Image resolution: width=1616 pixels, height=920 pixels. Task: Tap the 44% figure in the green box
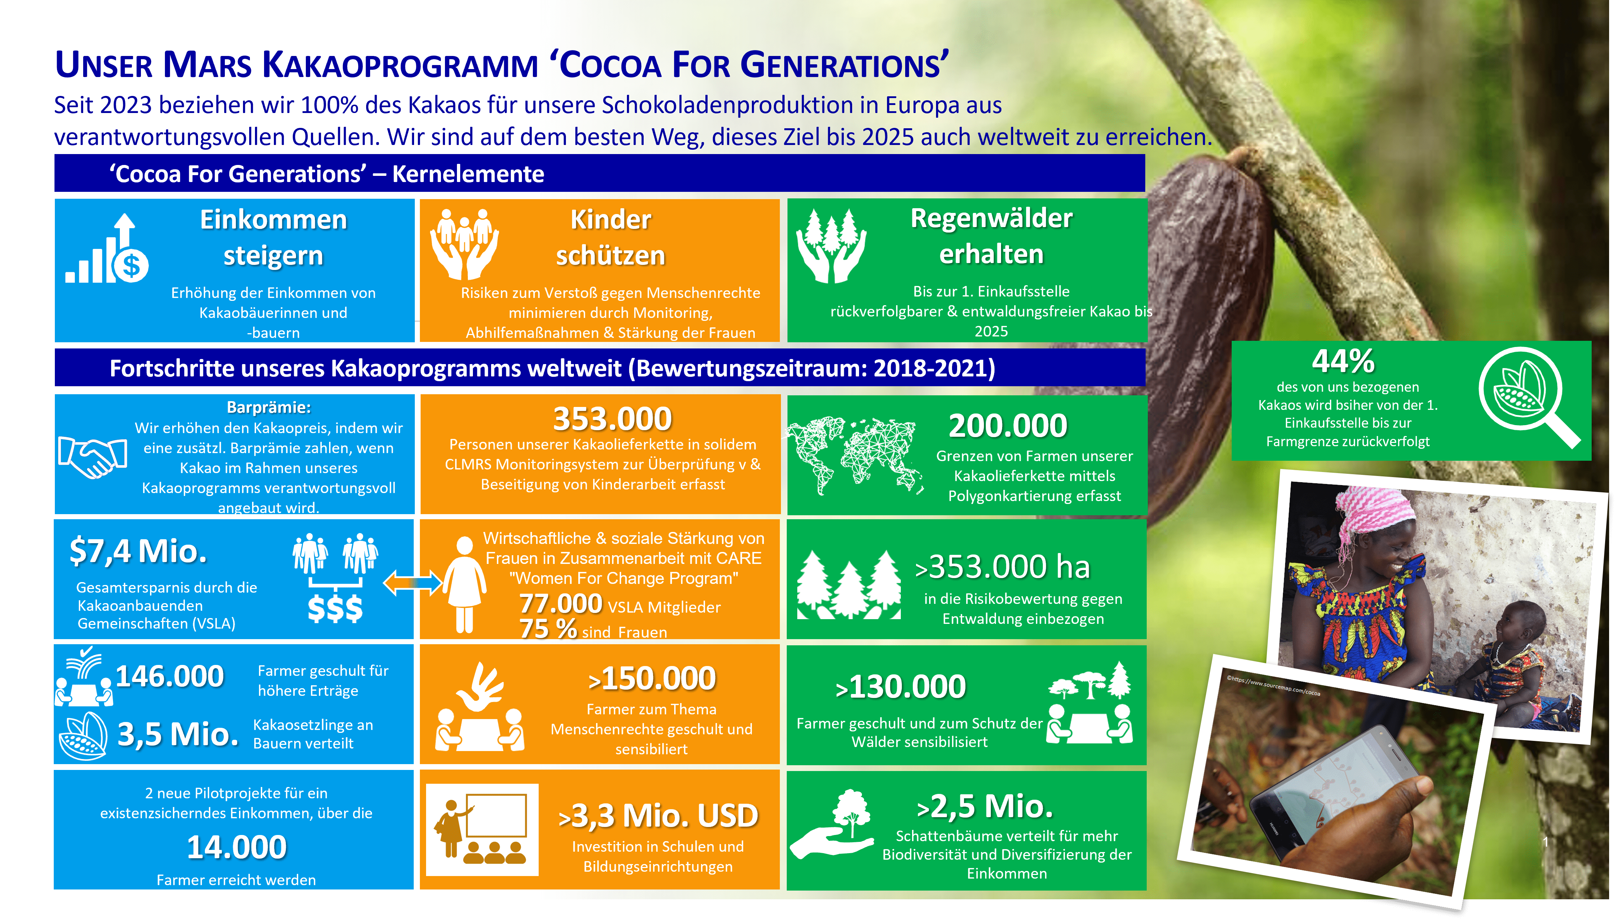click(x=1343, y=362)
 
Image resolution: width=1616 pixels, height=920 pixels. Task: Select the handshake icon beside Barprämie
click(x=93, y=456)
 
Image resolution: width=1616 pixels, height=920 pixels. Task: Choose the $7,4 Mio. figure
click(x=138, y=550)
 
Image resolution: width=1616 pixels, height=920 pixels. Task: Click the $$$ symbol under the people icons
click(x=335, y=609)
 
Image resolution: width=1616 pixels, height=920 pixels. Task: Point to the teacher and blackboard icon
click(x=482, y=830)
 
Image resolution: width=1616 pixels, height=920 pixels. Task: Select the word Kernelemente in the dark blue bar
click(x=468, y=174)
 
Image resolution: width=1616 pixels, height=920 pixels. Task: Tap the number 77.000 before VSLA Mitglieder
click(x=561, y=604)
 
